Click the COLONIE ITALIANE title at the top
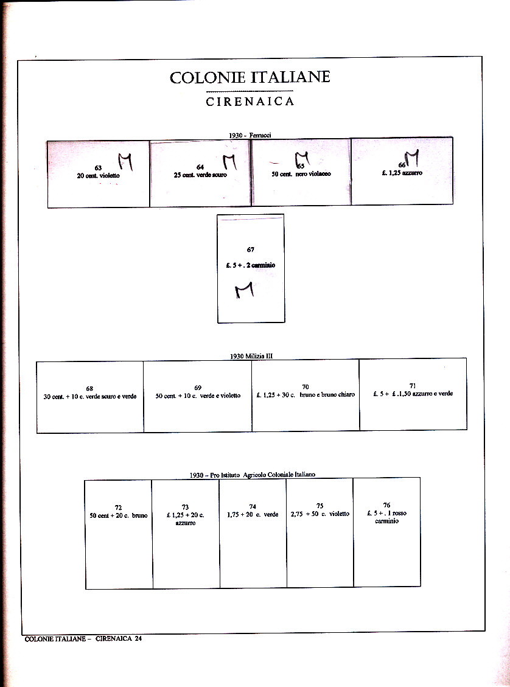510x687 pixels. (x=250, y=78)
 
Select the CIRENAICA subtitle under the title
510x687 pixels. (x=250, y=102)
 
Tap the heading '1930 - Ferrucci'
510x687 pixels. (x=250, y=135)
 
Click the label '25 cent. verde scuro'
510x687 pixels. (x=200, y=175)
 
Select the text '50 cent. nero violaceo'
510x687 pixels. (x=301, y=174)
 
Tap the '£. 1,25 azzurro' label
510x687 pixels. (x=402, y=173)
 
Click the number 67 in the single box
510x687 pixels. (x=251, y=249)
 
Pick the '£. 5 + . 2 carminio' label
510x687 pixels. (x=250, y=265)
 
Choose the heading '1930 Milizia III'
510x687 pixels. (x=251, y=357)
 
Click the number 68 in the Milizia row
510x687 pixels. (x=89, y=388)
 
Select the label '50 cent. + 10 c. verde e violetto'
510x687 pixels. (x=198, y=396)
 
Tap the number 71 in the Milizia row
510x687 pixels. (x=413, y=386)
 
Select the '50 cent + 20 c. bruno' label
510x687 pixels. (x=119, y=515)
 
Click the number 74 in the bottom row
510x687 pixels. (x=253, y=507)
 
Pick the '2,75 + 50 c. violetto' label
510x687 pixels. (x=320, y=514)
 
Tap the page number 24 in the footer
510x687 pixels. (x=139, y=639)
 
